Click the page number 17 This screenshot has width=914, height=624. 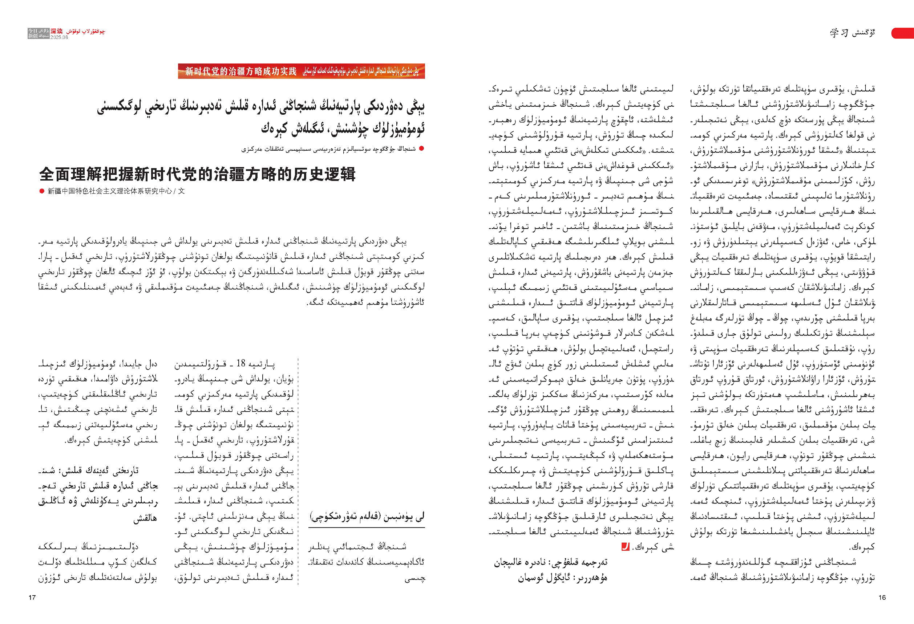tap(32, 598)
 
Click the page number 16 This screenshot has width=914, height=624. tap(882, 597)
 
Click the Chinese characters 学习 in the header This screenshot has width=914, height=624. tap(838, 33)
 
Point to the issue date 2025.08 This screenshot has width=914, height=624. tap(59, 37)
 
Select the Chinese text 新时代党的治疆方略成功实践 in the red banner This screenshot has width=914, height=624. tap(241, 72)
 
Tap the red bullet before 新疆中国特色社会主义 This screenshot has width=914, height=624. tap(42, 191)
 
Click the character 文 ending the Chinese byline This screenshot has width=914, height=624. tap(181, 191)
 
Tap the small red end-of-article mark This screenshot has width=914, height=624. tap(625, 546)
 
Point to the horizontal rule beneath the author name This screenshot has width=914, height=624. tap(367, 527)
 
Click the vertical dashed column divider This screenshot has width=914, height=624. tap(298, 472)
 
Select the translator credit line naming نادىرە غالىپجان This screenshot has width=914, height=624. tap(551, 563)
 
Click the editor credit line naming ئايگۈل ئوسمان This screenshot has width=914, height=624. tap(562, 578)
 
